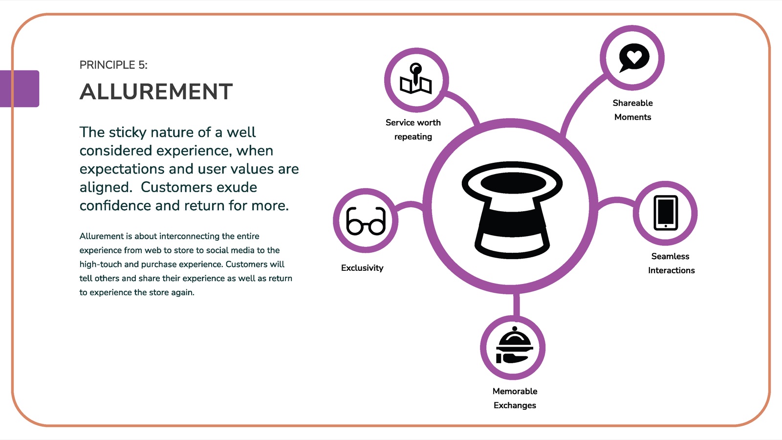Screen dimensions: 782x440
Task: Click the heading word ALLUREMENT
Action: tap(156, 92)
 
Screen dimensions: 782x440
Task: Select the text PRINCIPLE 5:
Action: tap(113, 65)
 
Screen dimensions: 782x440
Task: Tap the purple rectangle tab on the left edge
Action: tap(20, 88)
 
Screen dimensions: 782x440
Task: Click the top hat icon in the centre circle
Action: tap(512, 210)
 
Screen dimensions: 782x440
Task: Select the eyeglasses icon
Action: tap(366, 220)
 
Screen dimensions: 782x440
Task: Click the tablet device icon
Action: tap(665, 213)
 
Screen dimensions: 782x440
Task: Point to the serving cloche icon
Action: tap(514, 345)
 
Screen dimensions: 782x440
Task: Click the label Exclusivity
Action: tap(362, 268)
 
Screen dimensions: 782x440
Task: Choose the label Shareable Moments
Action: tap(632, 110)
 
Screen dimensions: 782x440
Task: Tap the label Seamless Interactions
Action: tap(671, 264)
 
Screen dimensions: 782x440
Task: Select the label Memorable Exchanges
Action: tap(515, 398)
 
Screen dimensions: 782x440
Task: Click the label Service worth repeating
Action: tap(413, 130)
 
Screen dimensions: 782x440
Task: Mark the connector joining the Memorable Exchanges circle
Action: tap(517, 305)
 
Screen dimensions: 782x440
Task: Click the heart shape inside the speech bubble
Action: tap(634, 56)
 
